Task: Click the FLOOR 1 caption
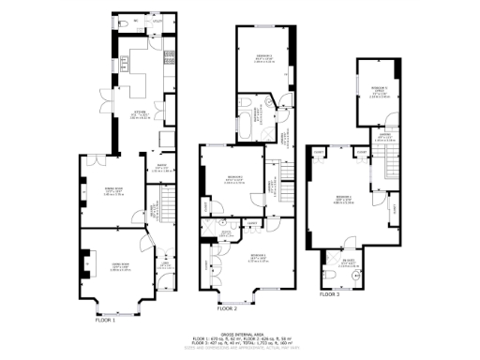coord(105,320)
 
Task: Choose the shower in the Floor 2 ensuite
coord(225,236)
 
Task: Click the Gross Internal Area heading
coord(240,333)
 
